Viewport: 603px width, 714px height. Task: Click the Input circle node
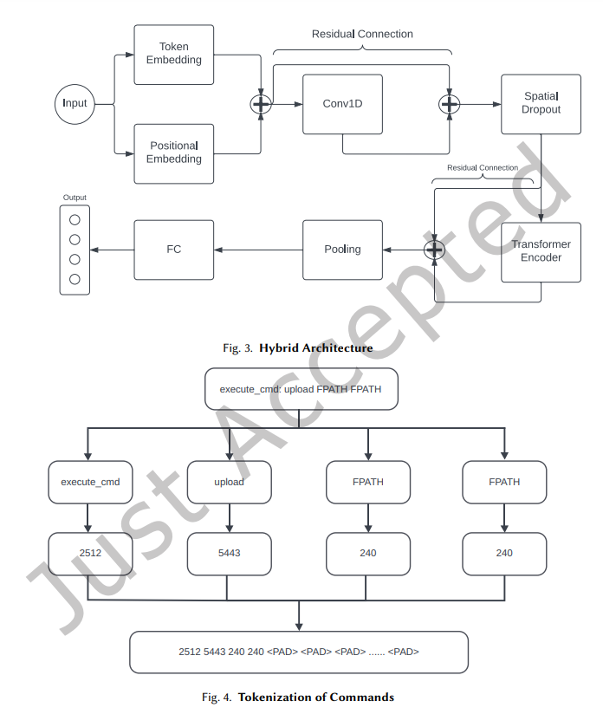[x=75, y=104]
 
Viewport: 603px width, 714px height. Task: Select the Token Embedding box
[x=173, y=54]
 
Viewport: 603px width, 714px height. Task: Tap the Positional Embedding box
[x=173, y=153]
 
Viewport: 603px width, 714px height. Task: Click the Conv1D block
[x=342, y=104]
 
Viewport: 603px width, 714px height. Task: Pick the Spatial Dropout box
[x=541, y=104]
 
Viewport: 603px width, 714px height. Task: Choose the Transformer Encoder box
[x=541, y=251]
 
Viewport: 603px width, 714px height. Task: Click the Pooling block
[x=342, y=250]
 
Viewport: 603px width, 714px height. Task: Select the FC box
[x=173, y=250]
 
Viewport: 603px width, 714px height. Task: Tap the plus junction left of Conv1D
[x=261, y=104]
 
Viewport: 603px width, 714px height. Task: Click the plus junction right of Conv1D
[x=449, y=104]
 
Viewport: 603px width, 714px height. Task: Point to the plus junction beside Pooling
[x=433, y=250]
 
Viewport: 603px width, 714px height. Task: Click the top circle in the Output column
[x=75, y=220]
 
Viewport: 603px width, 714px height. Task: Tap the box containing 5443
[x=229, y=554]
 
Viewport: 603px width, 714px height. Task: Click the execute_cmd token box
[x=90, y=482]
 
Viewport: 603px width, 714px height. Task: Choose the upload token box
[x=229, y=482]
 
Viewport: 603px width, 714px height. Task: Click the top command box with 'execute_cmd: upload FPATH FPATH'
[x=299, y=389]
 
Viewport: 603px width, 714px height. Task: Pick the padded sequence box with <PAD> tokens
[x=299, y=652]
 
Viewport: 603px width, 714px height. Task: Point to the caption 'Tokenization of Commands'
[x=315, y=698]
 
